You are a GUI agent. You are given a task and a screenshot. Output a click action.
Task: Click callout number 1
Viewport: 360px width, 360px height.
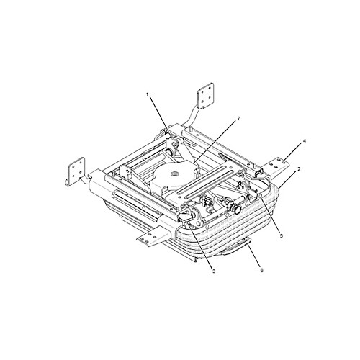tap(148, 95)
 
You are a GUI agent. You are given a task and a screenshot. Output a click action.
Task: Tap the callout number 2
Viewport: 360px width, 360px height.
tap(299, 169)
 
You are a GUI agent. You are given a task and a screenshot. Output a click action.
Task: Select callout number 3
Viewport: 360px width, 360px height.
tap(214, 271)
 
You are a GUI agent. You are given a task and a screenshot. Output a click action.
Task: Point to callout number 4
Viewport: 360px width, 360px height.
tap(305, 141)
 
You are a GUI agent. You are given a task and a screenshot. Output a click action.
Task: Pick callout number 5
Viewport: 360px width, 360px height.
tap(282, 235)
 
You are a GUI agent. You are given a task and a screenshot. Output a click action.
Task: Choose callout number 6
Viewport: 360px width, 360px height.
tap(261, 270)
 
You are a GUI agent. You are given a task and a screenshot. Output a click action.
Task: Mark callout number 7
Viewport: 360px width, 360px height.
tap(238, 119)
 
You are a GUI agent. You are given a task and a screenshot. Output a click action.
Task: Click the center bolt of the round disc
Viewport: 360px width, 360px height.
tap(174, 174)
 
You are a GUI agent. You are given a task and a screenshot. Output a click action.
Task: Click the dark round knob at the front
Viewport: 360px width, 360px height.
tap(238, 210)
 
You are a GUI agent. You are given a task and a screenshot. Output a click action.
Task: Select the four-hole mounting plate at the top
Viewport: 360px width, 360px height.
tap(205, 96)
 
